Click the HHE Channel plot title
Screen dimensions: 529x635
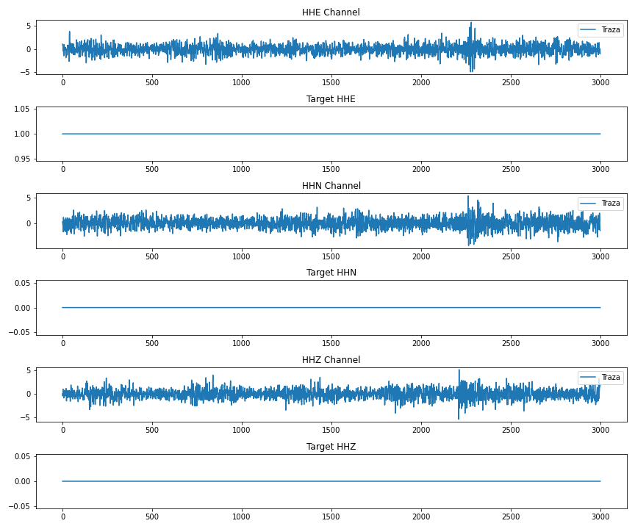(x=331, y=12)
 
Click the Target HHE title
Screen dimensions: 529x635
(x=331, y=99)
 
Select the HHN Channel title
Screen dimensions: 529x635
(x=331, y=186)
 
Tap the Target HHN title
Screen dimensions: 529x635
(x=331, y=273)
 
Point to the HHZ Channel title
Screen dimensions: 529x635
(x=331, y=360)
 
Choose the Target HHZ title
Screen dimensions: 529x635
(x=331, y=447)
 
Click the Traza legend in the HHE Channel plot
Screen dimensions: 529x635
(x=600, y=30)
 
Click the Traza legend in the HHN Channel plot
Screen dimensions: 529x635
(x=600, y=204)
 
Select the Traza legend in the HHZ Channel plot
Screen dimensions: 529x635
(x=600, y=378)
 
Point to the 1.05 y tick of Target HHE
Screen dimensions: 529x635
(x=21, y=109)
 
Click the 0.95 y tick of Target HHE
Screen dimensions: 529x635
(x=21, y=159)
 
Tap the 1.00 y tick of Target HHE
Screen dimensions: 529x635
(x=21, y=134)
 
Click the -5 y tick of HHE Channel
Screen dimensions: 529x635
(x=25, y=72)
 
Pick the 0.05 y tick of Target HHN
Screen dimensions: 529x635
(x=21, y=283)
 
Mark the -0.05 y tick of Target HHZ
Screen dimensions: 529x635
(x=19, y=506)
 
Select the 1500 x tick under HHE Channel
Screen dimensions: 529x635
(x=331, y=83)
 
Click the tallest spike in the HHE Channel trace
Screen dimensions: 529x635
(x=471, y=24)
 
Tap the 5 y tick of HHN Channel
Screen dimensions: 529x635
(x=28, y=198)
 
